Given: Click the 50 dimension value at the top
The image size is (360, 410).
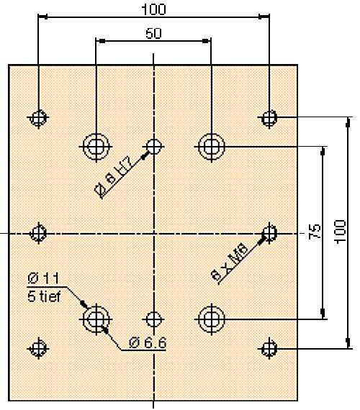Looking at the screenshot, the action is (x=153, y=34).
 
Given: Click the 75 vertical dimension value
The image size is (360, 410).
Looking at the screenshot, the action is (x=315, y=231).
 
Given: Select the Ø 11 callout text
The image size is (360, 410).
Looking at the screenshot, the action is (x=43, y=279).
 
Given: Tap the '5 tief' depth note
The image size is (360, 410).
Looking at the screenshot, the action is (x=44, y=297).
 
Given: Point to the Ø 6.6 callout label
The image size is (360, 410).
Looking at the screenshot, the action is (x=148, y=342).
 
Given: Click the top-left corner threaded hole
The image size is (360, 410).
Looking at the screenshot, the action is (x=39, y=118).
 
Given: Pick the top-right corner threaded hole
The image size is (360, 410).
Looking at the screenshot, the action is (x=269, y=118).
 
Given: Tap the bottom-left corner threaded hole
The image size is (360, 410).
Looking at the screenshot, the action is (x=39, y=348).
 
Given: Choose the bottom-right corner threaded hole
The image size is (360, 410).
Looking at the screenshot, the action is (x=269, y=348).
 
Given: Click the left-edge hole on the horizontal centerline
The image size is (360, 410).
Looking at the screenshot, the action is (x=39, y=233).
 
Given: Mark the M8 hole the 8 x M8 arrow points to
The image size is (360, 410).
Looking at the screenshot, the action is (x=269, y=233).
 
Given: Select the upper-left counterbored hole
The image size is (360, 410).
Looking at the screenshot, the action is (x=96, y=147).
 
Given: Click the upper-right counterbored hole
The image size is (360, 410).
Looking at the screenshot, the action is (x=211, y=147).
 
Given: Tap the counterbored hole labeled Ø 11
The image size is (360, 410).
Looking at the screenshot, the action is (x=96, y=319).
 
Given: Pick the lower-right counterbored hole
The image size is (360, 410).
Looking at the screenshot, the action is (x=211, y=319).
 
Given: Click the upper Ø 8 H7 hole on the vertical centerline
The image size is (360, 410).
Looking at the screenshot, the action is (x=153, y=147).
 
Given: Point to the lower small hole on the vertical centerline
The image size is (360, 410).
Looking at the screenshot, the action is (x=153, y=319).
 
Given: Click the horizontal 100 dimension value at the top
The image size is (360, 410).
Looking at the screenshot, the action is (x=153, y=9).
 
